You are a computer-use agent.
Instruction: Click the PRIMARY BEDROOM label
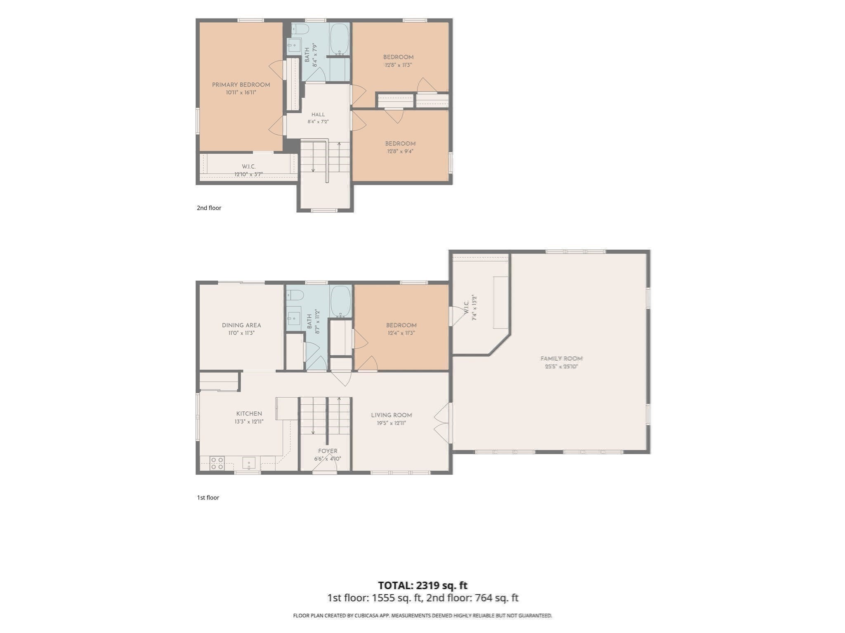[241, 85]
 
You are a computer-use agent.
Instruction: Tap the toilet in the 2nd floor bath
[300, 29]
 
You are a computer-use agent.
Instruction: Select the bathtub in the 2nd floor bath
[340, 39]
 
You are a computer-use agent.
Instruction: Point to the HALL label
[318, 115]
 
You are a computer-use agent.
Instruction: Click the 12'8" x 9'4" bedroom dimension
[400, 151]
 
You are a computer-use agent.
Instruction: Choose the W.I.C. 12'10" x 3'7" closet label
[249, 170]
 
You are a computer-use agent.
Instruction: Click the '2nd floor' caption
[209, 208]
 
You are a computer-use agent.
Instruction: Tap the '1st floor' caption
[208, 497]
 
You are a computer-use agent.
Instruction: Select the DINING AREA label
[241, 325]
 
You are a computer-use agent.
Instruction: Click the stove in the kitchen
[217, 463]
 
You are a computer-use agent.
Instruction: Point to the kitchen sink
[249, 463]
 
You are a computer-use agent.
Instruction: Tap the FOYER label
[328, 451]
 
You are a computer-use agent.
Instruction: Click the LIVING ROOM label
[391, 415]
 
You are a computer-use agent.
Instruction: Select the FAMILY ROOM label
[561, 359]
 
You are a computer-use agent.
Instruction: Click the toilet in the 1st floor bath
[295, 295]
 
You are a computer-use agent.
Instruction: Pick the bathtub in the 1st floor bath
[341, 302]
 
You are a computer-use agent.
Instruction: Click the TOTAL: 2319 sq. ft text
[422, 585]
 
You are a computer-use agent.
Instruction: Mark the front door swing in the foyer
[325, 464]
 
